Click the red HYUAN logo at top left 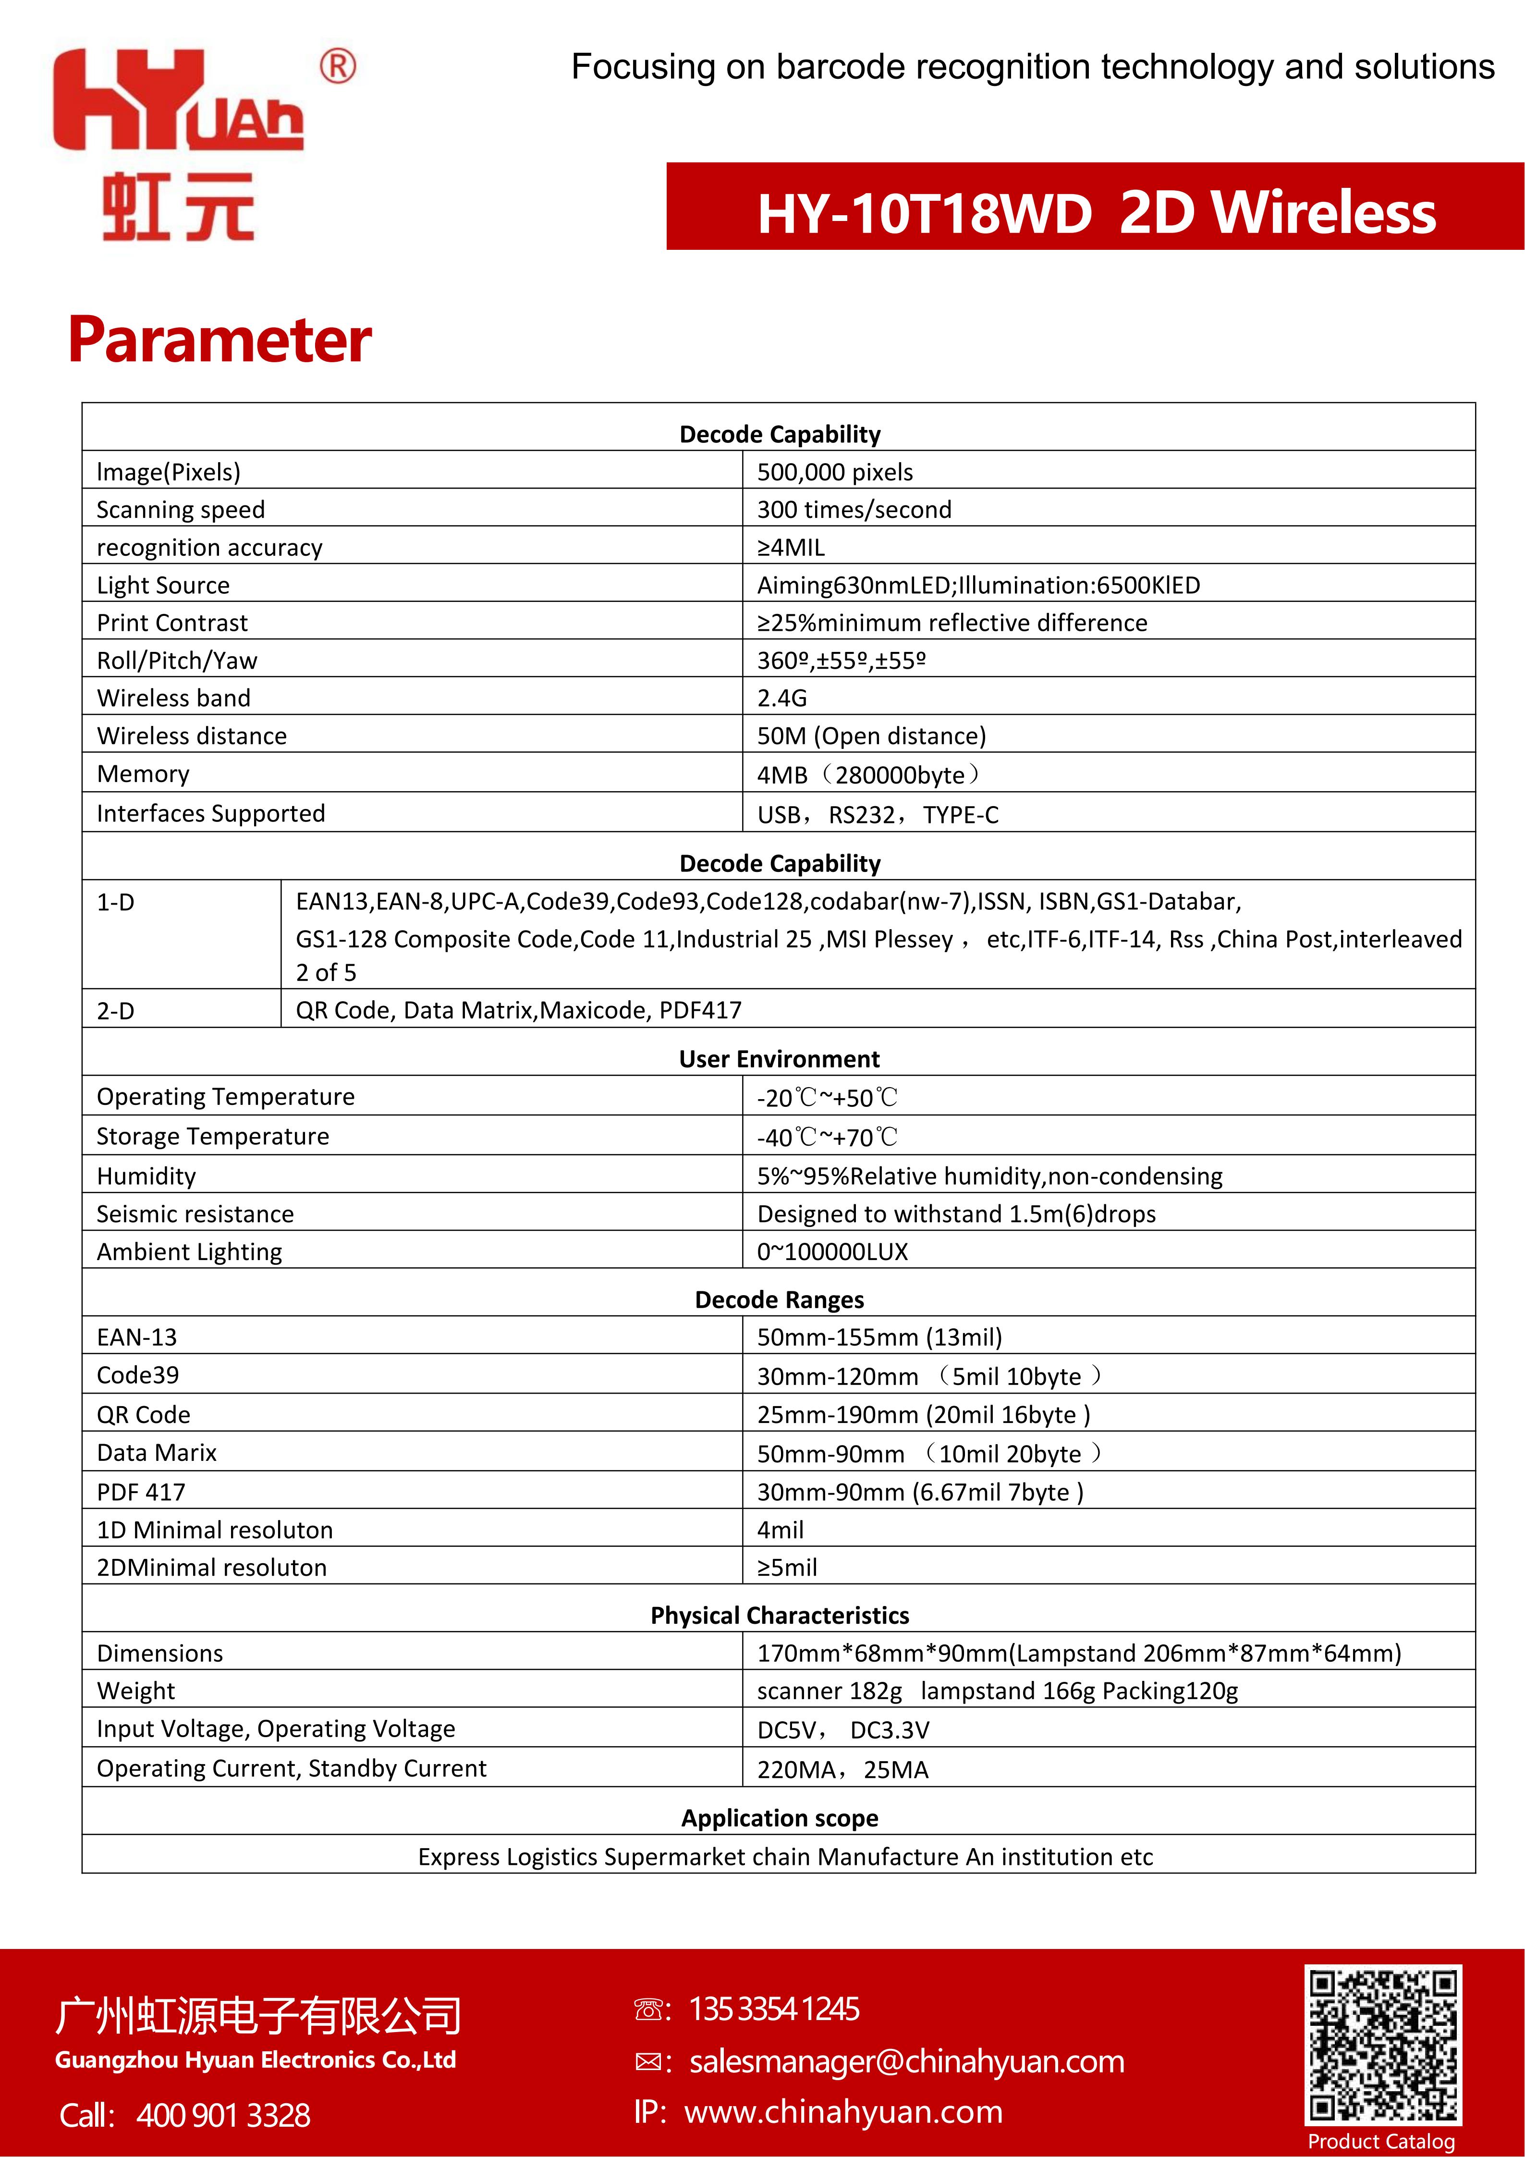pos(178,141)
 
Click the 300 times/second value pos(854,509)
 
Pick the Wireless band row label pos(174,698)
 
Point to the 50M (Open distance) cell pos(871,735)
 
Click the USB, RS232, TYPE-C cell pos(877,814)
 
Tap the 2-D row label pos(115,1011)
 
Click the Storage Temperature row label pos(213,1137)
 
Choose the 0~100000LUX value pos(832,1251)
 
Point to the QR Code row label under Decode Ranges pos(144,1415)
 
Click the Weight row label pos(136,1691)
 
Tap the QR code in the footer pos(1382,2045)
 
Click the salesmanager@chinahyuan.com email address pos(906,2061)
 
